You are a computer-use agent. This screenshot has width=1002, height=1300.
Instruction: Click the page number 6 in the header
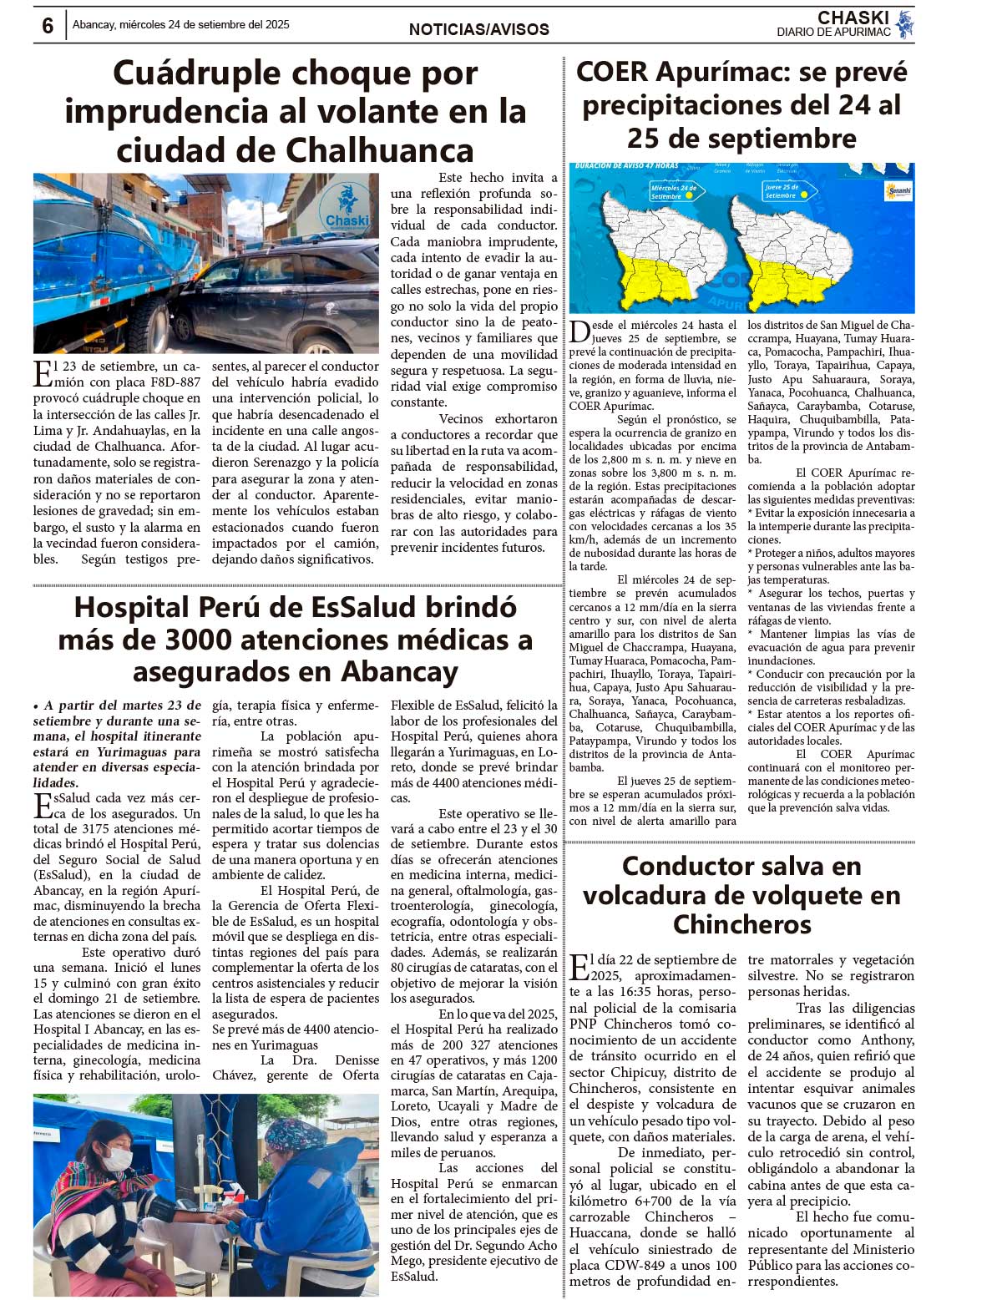(48, 26)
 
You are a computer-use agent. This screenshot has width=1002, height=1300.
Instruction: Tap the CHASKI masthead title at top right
(853, 18)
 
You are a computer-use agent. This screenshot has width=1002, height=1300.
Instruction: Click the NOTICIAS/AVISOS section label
(478, 29)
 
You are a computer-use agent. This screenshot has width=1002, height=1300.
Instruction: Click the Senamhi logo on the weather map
(898, 191)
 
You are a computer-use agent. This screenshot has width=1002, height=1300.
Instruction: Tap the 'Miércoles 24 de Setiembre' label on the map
(674, 192)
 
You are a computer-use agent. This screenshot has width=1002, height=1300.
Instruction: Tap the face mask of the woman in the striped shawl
(119, 1159)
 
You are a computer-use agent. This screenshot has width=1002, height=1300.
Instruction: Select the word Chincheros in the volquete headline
(741, 924)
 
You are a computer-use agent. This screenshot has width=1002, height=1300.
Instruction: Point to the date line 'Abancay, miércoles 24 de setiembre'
(180, 25)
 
